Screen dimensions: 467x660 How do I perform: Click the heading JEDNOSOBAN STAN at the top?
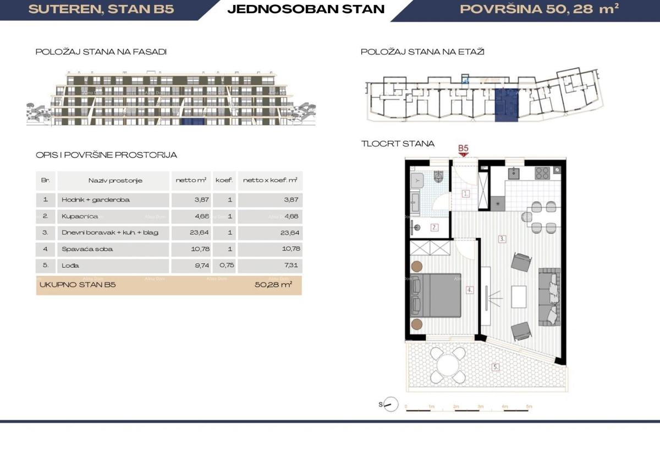pyautogui.click(x=306, y=9)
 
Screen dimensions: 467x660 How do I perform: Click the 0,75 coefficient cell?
pyautogui.click(x=224, y=265)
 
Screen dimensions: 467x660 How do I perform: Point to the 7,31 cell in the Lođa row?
pyautogui.click(x=269, y=265)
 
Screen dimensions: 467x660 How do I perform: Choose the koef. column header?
pyautogui.click(x=224, y=181)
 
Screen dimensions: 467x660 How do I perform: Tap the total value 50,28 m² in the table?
pyautogui.click(x=273, y=285)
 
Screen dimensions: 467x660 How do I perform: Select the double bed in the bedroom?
pyautogui.click(x=438, y=295)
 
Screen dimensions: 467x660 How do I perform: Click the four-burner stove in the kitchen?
pyautogui.click(x=542, y=173)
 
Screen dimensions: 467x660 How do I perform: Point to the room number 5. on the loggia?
pyautogui.click(x=496, y=367)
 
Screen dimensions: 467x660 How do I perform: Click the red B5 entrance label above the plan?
pyautogui.click(x=463, y=148)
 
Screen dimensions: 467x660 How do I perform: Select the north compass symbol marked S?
pyautogui.click(x=390, y=404)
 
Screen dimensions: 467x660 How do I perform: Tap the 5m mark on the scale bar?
pyautogui.click(x=529, y=406)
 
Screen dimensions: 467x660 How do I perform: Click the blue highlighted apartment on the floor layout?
pyautogui.click(x=506, y=105)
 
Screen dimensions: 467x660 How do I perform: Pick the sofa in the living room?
pyautogui.click(x=549, y=296)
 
